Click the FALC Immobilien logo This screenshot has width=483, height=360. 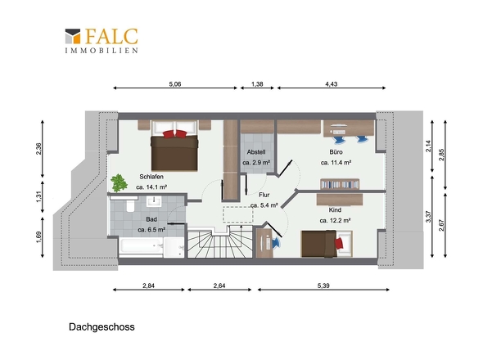[x=102, y=41]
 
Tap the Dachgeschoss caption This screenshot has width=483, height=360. [x=102, y=327]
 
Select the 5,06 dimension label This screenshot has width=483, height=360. [x=175, y=84]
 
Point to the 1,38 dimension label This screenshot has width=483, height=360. [x=257, y=84]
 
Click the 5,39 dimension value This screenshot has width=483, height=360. [x=323, y=286]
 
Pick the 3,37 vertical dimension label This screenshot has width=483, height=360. [x=428, y=217]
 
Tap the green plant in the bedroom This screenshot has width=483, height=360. [x=119, y=183]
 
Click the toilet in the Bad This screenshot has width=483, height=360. [x=131, y=205]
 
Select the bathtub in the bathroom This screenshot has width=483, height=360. [x=142, y=245]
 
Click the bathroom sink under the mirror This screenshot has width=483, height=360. [x=154, y=201]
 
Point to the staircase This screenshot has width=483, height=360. [x=219, y=241]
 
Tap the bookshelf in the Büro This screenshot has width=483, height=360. [x=340, y=184]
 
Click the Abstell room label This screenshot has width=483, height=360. [x=256, y=152]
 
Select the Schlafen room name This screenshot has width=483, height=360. [x=151, y=177]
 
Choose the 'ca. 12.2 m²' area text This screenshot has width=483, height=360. [x=335, y=220]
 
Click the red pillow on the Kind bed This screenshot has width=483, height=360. [x=339, y=243]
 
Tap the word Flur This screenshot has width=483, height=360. [x=264, y=195]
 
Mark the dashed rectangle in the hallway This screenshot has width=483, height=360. [x=237, y=214]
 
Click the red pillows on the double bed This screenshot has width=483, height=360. [x=175, y=134]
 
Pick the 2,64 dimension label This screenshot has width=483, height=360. [x=219, y=286]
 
